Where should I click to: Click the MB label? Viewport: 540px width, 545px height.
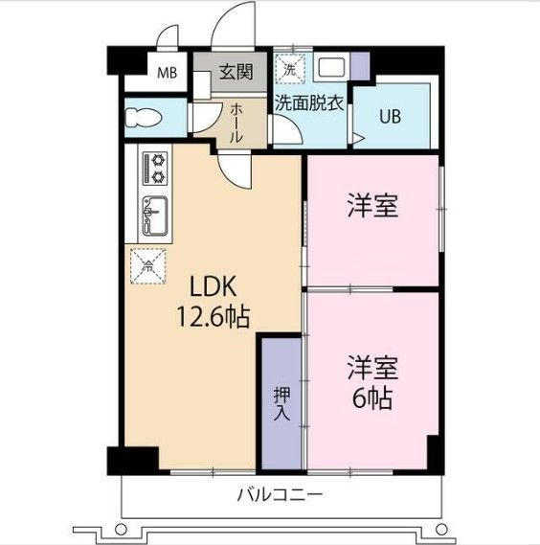click(x=167, y=72)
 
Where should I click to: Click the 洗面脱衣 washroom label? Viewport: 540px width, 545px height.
click(x=309, y=104)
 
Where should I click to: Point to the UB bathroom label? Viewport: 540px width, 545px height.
click(x=391, y=117)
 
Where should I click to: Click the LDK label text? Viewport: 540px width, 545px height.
click(x=212, y=287)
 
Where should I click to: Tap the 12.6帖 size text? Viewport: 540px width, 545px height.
click(x=212, y=317)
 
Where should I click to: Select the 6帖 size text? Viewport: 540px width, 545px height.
click(x=372, y=398)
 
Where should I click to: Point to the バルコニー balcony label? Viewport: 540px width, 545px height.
click(x=281, y=496)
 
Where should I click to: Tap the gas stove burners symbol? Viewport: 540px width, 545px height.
click(x=154, y=170)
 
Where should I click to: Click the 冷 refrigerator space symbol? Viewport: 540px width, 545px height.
click(x=148, y=264)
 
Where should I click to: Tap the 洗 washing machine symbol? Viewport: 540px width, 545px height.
click(x=289, y=69)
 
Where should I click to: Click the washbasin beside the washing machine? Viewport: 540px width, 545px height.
click(x=330, y=68)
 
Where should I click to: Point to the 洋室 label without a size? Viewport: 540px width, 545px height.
click(x=372, y=206)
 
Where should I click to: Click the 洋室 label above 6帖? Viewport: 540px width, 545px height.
click(x=372, y=367)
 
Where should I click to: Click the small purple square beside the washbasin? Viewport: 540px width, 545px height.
click(x=360, y=65)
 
